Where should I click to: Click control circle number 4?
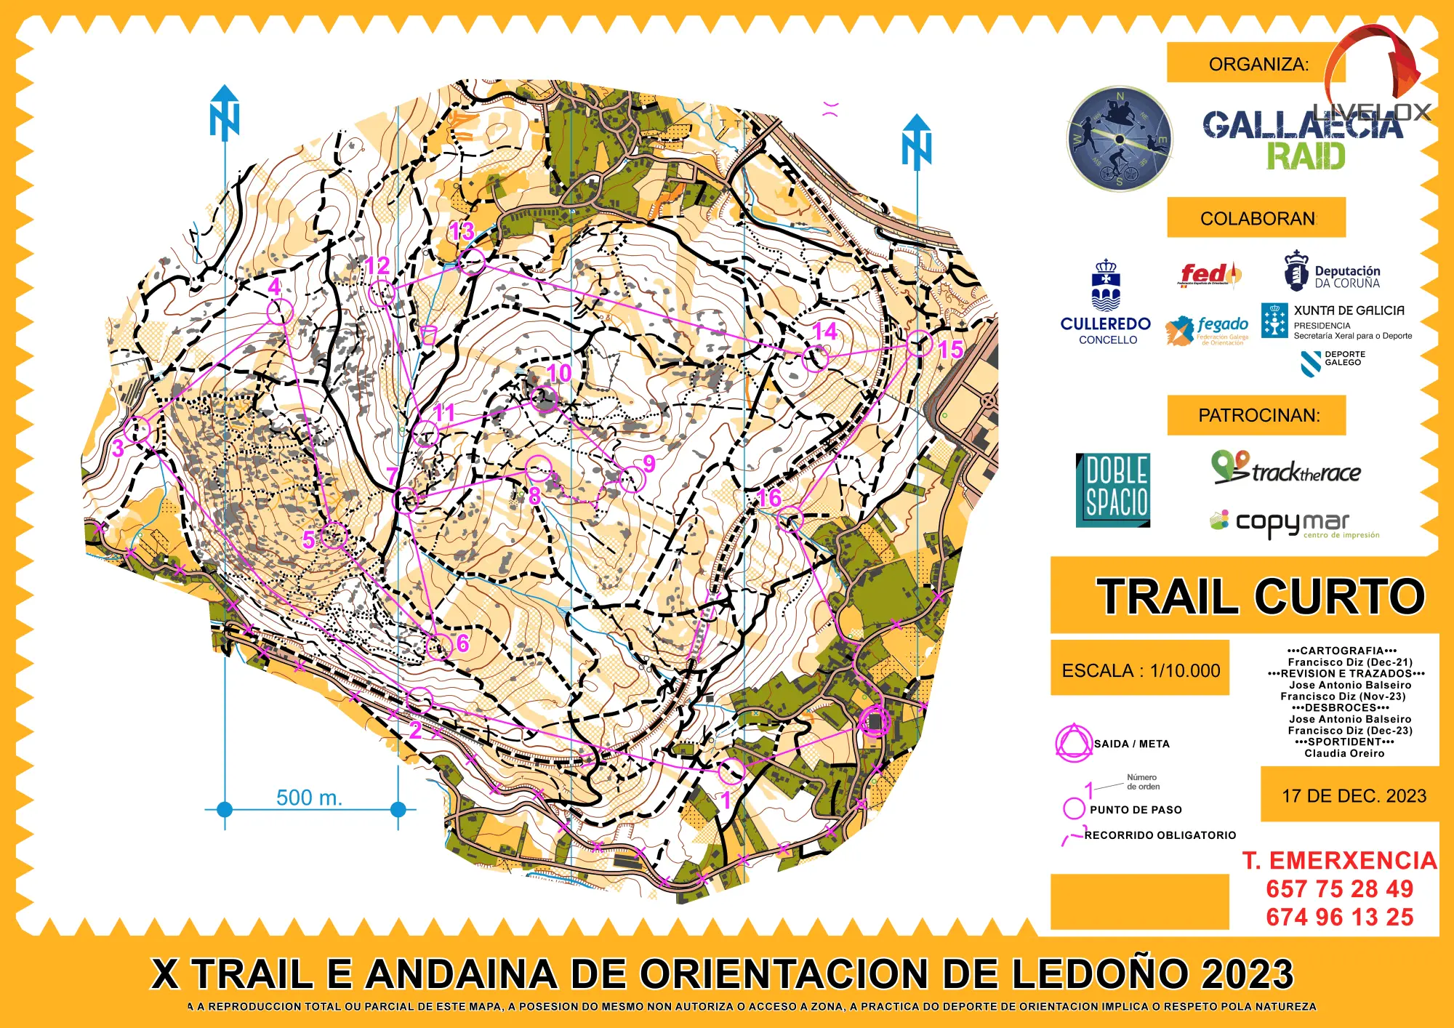tap(279, 312)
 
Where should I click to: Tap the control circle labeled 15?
tap(920, 344)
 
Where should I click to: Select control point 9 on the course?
tap(632, 479)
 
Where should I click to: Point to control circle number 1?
tap(731, 770)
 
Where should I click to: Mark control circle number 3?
tap(137, 429)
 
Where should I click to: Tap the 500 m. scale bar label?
tap(309, 798)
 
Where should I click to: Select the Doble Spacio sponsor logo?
tap(1113, 490)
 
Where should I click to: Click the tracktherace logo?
tap(1286, 469)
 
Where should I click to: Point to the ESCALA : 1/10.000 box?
tap(1140, 670)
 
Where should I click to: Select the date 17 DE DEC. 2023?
tap(1354, 795)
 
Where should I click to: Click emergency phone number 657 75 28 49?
tap(1339, 888)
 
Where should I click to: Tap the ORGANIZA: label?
tap(1258, 64)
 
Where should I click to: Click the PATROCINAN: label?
tap(1258, 415)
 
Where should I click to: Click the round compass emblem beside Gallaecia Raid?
tap(1120, 139)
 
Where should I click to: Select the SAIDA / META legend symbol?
tap(1074, 743)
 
